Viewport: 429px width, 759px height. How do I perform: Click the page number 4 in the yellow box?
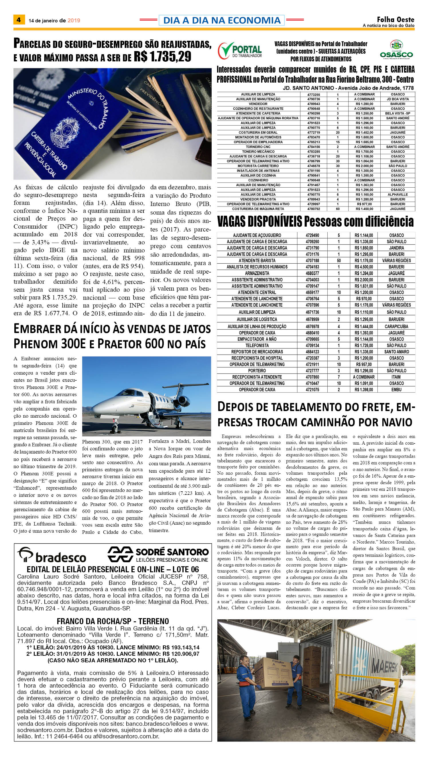pyautogui.click(x=19, y=20)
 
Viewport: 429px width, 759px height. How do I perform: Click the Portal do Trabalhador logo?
pyautogui.click(x=240, y=50)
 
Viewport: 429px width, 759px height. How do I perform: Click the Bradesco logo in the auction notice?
pyautogui.click(x=52, y=555)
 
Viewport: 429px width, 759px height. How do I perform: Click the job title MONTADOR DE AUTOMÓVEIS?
pyautogui.click(x=258, y=137)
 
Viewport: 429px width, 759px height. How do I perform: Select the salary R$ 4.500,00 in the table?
pyautogui.click(x=364, y=267)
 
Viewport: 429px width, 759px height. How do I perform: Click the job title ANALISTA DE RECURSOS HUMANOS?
pyautogui.click(x=257, y=267)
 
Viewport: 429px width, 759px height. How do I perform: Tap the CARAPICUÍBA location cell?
pyautogui.click(x=396, y=326)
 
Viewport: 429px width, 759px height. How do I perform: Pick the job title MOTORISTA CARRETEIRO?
pyautogui.click(x=258, y=166)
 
